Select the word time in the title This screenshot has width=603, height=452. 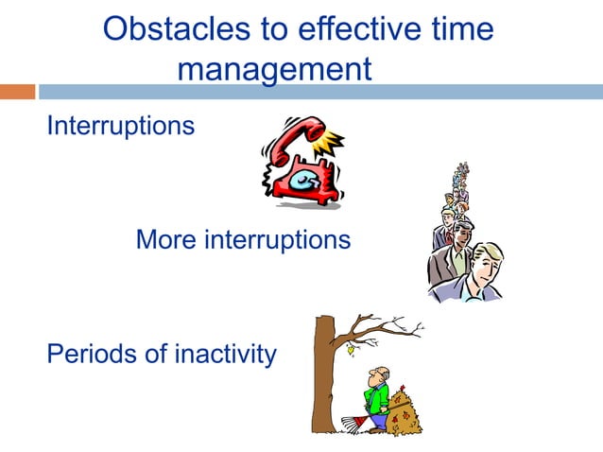[x=459, y=29]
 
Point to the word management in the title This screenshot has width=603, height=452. [x=273, y=69]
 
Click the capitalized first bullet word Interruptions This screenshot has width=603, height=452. [x=121, y=125]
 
